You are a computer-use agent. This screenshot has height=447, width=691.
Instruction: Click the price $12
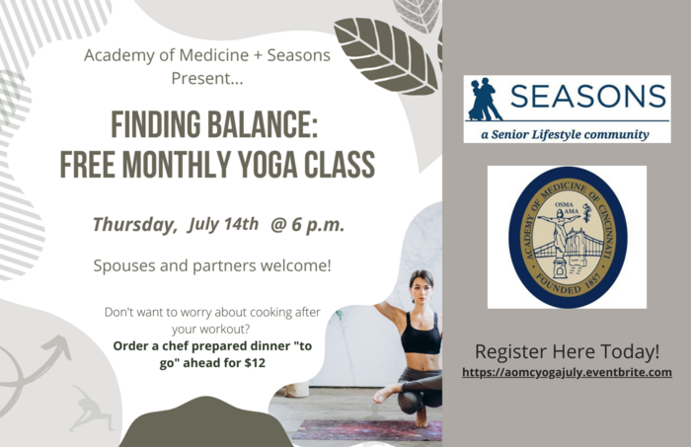coord(252,362)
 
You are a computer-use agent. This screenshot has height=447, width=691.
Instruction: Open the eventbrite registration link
coord(567,372)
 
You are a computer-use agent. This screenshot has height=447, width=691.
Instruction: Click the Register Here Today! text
coord(567,351)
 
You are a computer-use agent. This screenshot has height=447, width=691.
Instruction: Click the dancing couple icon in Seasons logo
coord(485,100)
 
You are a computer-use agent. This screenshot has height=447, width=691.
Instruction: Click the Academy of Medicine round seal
coord(567,237)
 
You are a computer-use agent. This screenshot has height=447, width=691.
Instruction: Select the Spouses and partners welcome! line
coord(211,265)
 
